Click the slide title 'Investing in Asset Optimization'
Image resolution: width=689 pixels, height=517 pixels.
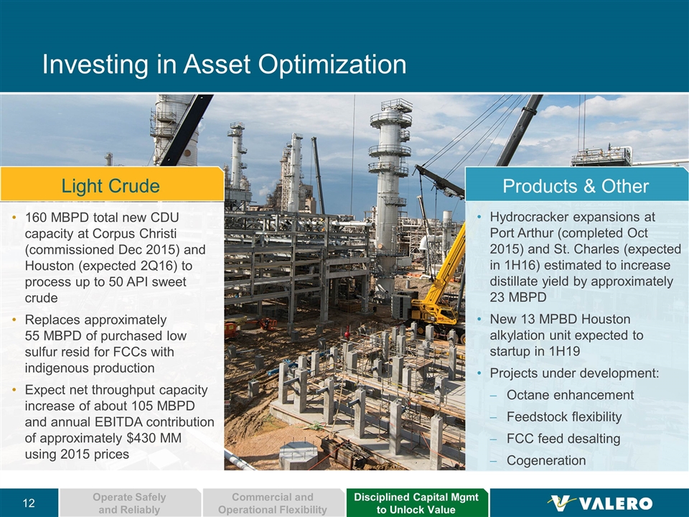tap(224, 64)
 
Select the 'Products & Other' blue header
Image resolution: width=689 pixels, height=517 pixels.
tap(576, 185)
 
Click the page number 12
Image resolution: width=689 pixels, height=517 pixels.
tap(29, 503)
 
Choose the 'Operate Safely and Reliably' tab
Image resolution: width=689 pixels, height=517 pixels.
tap(130, 503)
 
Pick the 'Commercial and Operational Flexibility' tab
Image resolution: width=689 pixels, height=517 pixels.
tap(273, 503)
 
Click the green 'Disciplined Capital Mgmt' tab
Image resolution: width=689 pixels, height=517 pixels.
tap(416, 503)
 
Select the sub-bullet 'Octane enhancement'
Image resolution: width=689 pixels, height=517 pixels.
tap(570, 395)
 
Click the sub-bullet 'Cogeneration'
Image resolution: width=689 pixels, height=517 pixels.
tap(546, 460)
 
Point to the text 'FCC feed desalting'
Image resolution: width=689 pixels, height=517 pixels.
tap(563, 438)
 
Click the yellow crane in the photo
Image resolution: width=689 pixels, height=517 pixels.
tap(439, 286)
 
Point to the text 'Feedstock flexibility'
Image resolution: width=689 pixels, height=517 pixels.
tap(564, 416)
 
